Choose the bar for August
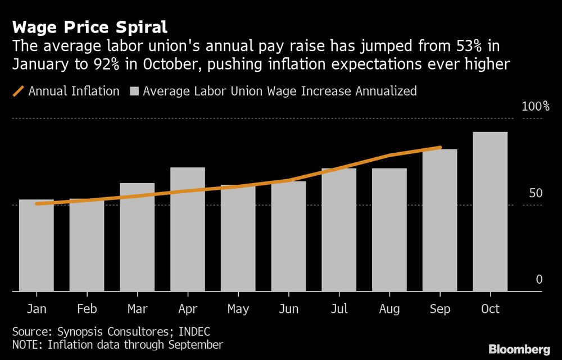click(x=389, y=230)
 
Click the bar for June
click(x=288, y=236)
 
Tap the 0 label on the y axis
click(x=539, y=280)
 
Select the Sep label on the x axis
click(x=439, y=309)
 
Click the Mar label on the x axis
click(x=137, y=309)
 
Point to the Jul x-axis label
click(x=339, y=309)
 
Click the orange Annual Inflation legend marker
click(x=18, y=90)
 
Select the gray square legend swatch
click(x=134, y=90)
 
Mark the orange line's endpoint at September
click(x=440, y=148)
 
